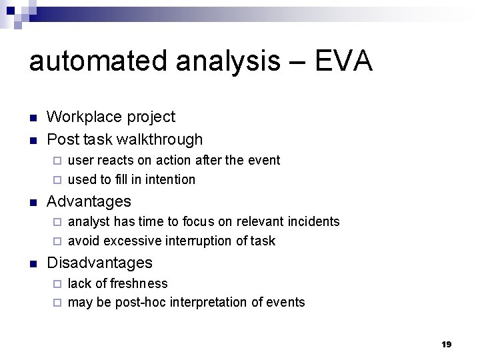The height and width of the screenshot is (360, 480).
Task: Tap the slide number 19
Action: [446, 344]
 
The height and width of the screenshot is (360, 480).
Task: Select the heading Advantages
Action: [89, 201]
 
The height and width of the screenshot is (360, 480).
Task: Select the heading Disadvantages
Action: [99, 263]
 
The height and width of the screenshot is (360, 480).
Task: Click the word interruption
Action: [202, 241]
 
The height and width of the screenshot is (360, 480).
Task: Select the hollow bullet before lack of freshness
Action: [57, 284]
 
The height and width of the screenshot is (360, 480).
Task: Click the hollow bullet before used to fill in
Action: [57, 180]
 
